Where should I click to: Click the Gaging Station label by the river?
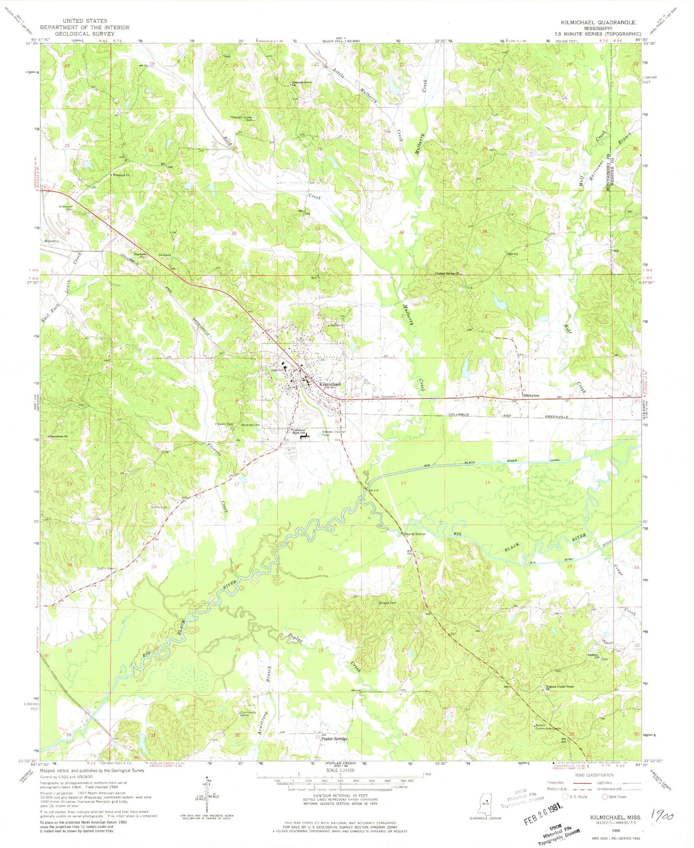[415, 534]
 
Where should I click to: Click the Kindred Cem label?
[251, 425]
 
